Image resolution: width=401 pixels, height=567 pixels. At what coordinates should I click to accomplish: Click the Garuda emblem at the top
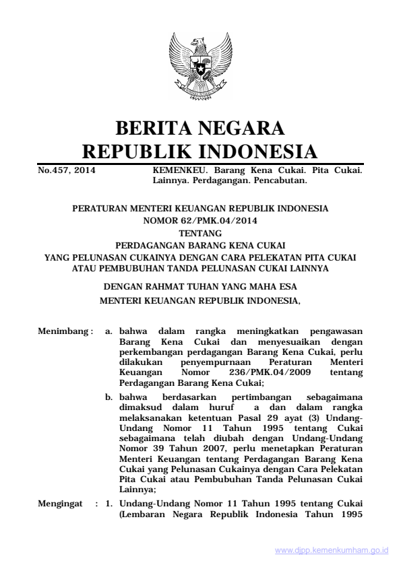click(x=199, y=67)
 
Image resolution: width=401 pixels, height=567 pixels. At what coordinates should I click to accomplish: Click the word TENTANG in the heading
click(x=200, y=230)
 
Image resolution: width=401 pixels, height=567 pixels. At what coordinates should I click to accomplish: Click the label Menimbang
click(x=63, y=331)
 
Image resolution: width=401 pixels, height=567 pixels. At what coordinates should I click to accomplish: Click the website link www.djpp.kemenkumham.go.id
click(x=332, y=551)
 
